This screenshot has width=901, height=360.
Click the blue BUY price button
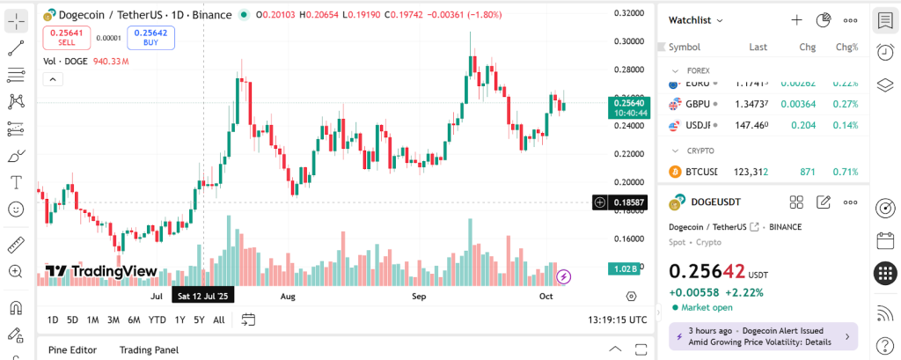pyautogui.click(x=150, y=37)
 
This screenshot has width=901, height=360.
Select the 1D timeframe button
pyautogui.click(x=53, y=320)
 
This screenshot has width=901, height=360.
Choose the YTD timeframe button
pyautogui.click(x=157, y=320)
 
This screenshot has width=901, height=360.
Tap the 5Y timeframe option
pyautogui.click(x=199, y=320)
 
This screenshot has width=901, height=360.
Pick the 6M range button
pyautogui.click(x=134, y=320)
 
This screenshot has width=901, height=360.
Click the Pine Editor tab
pyautogui.click(x=72, y=349)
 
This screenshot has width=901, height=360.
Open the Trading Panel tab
pyautogui.click(x=149, y=349)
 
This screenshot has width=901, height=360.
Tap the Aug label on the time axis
pyautogui.click(x=288, y=297)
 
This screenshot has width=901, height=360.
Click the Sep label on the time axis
pyautogui.click(x=419, y=297)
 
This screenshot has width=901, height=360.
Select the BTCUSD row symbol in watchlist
pyautogui.click(x=701, y=171)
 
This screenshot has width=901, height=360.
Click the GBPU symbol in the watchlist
pyautogui.click(x=698, y=104)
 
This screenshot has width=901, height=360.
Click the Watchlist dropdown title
pyautogui.click(x=695, y=19)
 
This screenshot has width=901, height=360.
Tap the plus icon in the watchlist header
pyautogui.click(x=796, y=19)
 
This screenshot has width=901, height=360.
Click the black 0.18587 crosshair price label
pyautogui.click(x=627, y=202)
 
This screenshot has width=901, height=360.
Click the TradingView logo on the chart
pyautogui.click(x=101, y=271)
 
